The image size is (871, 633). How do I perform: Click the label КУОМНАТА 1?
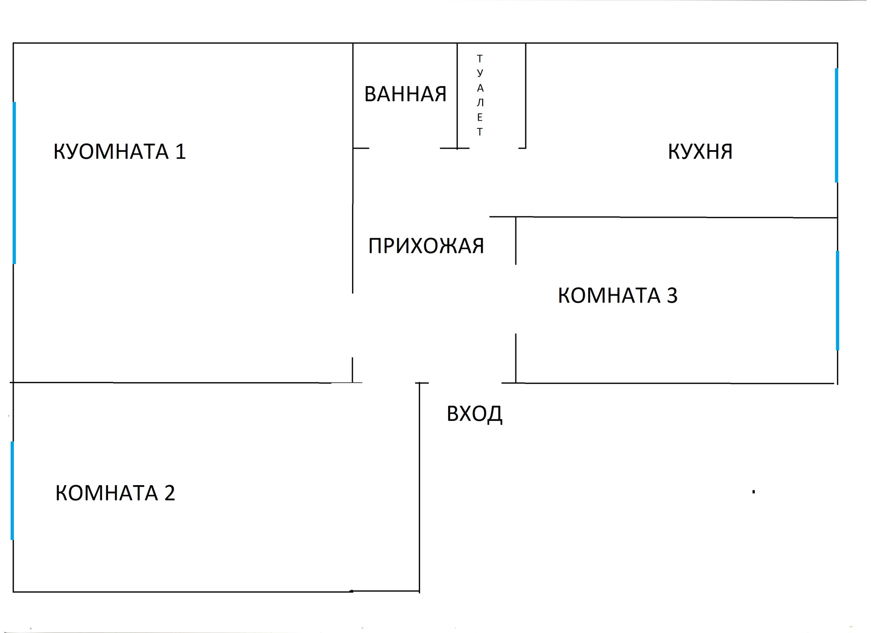click(119, 151)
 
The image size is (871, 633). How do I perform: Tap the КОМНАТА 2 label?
click(115, 493)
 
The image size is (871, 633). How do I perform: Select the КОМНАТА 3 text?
click(617, 296)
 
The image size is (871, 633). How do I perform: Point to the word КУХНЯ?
click(700, 151)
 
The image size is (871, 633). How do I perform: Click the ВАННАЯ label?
click(405, 94)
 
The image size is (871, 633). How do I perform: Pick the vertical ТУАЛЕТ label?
click(480, 95)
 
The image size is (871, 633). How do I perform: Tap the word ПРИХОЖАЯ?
click(426, 246)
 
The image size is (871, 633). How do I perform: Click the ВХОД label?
click(475, 414)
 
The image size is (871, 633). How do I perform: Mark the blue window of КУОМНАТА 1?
click(15, 183)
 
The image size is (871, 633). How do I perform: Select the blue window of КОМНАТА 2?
click(12, 491)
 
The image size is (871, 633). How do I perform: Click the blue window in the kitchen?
click(836, 125)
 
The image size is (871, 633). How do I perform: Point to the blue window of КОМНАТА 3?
click(837, 301)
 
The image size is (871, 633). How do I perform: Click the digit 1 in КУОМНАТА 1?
click(181, 151)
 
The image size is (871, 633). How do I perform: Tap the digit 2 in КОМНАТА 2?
click(170, 493)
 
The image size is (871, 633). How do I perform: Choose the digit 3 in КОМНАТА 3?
click(672, 296)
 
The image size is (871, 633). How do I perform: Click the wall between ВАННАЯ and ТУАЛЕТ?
click(457, 95)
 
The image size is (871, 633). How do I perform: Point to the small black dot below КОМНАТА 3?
click(754, 492)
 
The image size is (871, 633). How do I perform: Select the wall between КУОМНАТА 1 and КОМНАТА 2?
click(181, 383)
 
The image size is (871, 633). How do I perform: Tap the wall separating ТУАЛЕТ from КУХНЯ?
click(525, 95)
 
